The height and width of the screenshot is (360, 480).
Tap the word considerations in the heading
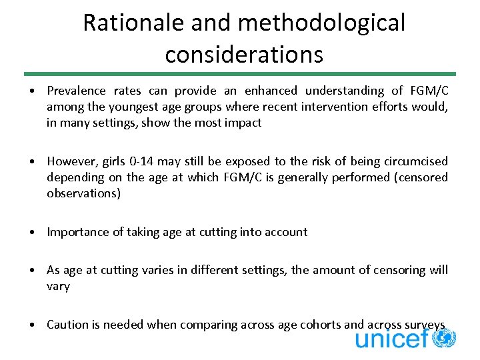pyautogui.click(x=244, y=54)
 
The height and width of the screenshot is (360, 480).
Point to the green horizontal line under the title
pyautogui.click(x=240, y=74)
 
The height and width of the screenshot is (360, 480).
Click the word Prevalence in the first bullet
pyautogui.click(x=76, y=91)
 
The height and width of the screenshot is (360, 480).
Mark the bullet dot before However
pyautogui.click(x=32, y=161)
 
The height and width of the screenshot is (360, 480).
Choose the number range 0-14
pyautogui.click(x=141, y=161)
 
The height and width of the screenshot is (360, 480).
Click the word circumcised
pyautogui.click(x=417, y=161)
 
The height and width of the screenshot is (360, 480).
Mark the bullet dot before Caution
pyautogui.click(x=32, y=325)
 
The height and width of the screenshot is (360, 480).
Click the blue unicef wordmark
pyautogui.click(x=391, y=339)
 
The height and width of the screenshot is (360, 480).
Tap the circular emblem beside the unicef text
pyautogui.click(x=444, y=338)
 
